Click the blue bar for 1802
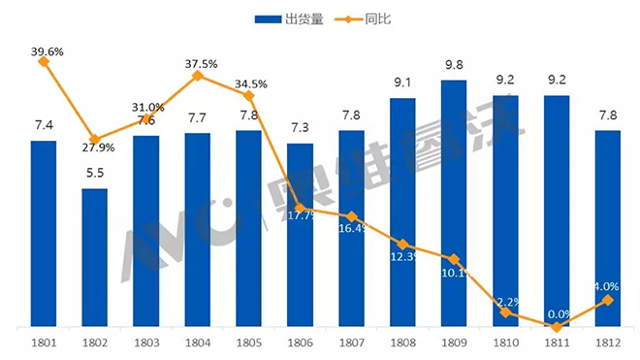point(94,257)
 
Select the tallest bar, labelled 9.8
point(454,204)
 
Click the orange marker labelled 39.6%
point(44,62)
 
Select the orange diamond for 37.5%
point(198,75)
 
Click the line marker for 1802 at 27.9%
point(95,142)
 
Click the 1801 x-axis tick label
point(44,344)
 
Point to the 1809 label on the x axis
point(454,344)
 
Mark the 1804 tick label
point(198,344)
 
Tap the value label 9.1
point(402,82)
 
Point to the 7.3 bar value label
point(300,127)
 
